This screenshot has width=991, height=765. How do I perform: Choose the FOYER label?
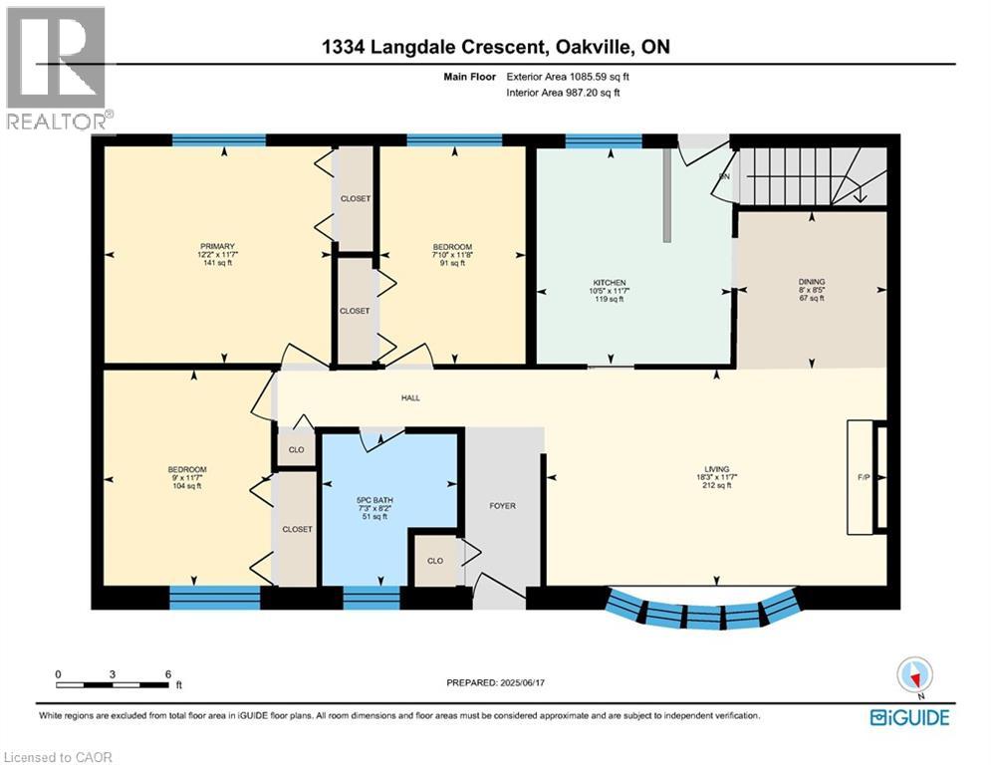[502, 506]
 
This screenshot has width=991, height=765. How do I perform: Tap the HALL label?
[410, 397]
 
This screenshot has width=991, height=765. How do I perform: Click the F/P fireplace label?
[864, 477]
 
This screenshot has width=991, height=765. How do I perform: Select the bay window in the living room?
[703, 610]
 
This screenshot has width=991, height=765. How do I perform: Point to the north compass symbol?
[913, 675]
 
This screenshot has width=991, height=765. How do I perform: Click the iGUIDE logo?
[909, 717]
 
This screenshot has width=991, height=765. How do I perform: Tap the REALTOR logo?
[56, 68]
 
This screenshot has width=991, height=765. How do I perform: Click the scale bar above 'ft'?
[113, 684]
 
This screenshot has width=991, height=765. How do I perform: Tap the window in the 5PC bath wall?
[371, 598]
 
